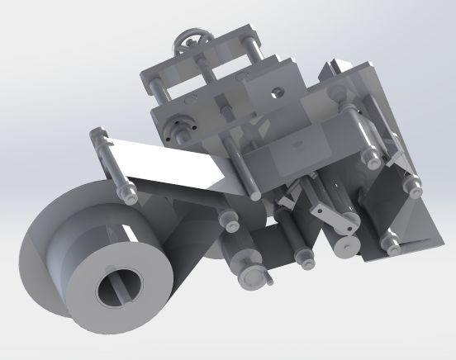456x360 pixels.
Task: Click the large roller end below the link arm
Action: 348,245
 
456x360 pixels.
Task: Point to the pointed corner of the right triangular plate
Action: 439,240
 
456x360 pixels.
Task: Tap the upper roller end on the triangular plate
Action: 411,186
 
